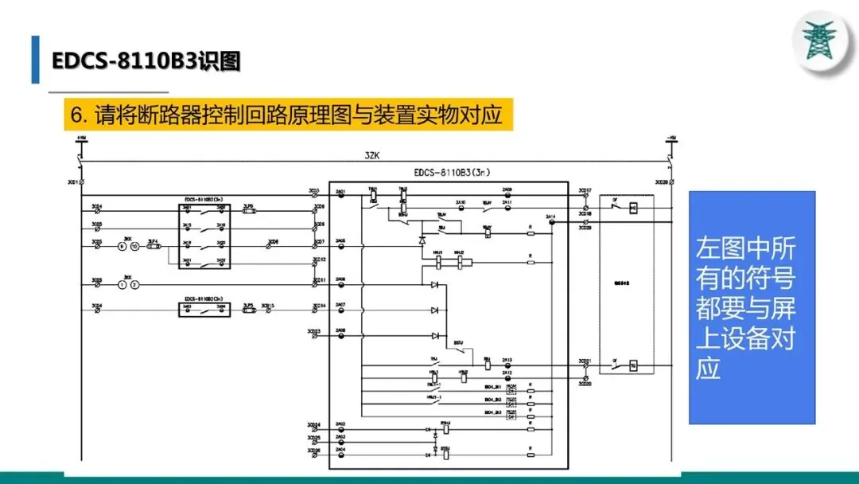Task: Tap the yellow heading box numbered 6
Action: (x=287, y=115)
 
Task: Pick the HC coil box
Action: (x=633, y=209)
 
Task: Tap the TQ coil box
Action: (x=633, y=366)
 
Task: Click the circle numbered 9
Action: (x=122, y=246)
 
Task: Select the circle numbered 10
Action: (x=135, y=246)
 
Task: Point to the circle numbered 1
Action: (x=122, y=284)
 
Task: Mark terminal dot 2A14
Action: (x=551, y=223)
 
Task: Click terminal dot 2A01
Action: (x=342, y=196)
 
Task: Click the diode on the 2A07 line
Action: (x=434, y=310)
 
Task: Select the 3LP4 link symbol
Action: (x=154, y=246)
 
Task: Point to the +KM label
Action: (x=81, y=139)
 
